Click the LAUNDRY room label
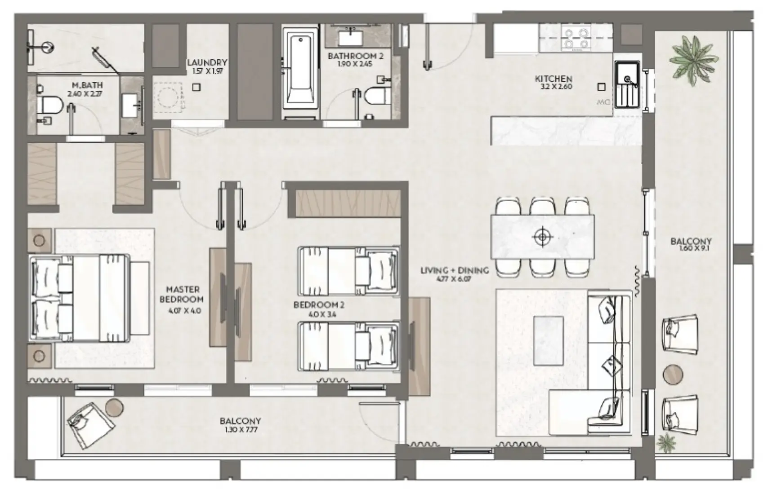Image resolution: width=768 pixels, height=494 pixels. click(206, 63)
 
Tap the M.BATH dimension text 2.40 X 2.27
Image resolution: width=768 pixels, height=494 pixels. click(85, 94)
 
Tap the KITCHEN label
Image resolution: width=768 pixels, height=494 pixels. click(553, 79)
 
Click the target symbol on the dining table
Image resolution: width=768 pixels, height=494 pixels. click(542, 236)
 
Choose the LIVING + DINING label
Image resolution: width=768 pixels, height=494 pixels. click(454, 270)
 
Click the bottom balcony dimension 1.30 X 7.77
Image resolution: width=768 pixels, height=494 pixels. click(240, 429)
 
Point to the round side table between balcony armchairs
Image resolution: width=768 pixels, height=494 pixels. click(673, 375)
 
